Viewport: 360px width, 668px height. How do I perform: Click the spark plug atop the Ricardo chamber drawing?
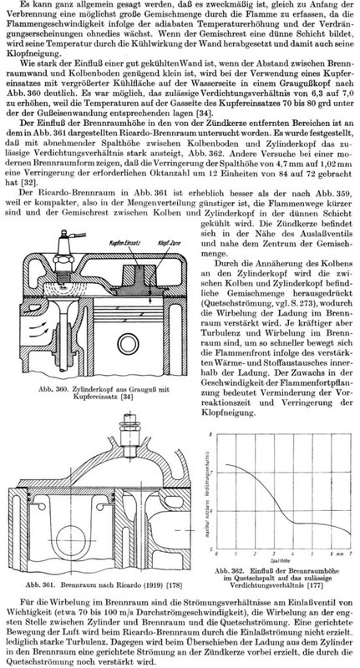point(129,431)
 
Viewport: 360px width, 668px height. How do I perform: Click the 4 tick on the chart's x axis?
point(292,554)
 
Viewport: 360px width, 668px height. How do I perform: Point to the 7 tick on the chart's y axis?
point(211,473)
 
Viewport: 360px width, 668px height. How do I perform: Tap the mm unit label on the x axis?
point(341,554)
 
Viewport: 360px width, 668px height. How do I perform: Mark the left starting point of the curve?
point(226,464)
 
